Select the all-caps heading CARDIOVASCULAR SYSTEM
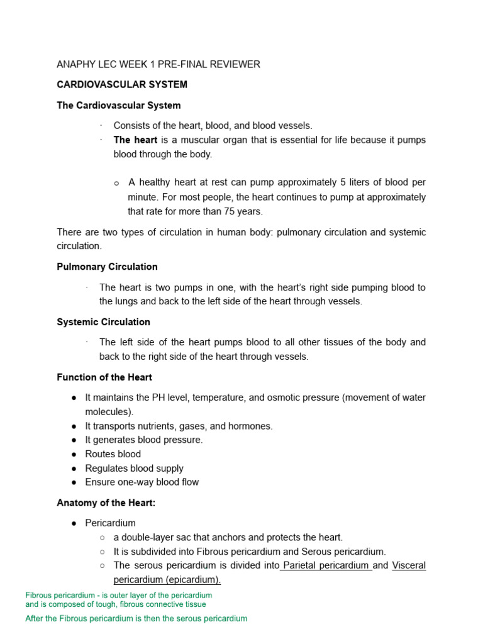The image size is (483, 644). [122, 84]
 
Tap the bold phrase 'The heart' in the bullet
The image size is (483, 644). [135, 140]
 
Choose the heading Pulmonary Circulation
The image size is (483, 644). [107, 267]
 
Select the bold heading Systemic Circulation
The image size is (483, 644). [103, 322]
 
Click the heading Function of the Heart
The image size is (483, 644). [104, 377]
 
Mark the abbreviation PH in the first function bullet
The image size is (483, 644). [159, 397]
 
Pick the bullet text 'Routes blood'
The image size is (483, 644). [113, 454]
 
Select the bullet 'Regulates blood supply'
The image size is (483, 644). [135, 469]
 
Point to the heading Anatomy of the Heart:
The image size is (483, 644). [106, 502]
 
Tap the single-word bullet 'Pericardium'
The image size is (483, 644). [110, 523]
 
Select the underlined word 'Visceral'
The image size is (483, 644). [409, 565]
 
